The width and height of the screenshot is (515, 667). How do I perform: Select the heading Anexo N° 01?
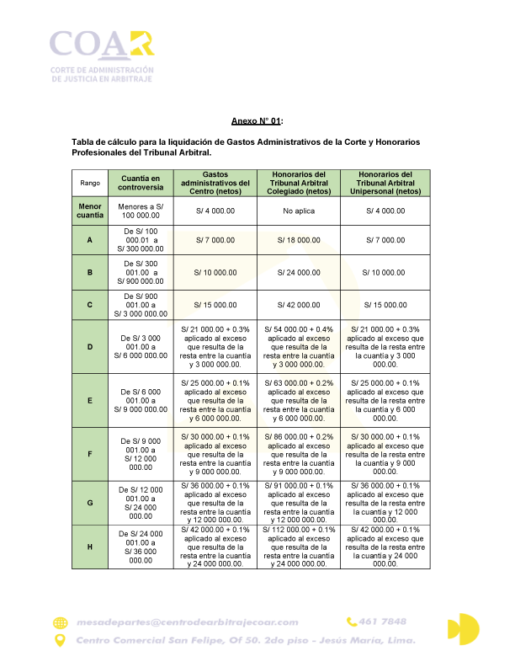coord(257,122)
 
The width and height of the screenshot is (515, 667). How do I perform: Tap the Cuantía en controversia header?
coord(141,183)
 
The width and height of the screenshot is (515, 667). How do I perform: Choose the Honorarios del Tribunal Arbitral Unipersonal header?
coord(385,183)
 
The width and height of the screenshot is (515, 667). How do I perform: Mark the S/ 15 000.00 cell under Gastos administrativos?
coord(215,305)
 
